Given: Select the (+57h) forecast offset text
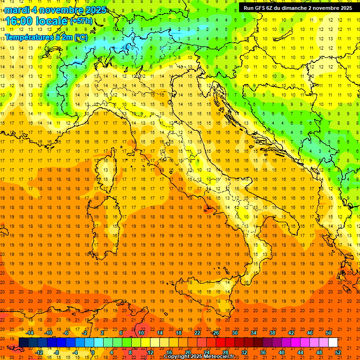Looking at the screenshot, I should [81, 21].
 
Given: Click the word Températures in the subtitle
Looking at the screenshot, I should [27, 37].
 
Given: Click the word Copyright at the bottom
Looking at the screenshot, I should [177, 357].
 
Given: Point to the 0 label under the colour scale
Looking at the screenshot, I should [93, 352].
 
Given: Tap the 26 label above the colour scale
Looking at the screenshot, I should [216, 333].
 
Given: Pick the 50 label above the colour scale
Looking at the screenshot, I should [329, 333].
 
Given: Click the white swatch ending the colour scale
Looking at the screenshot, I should [333, 343].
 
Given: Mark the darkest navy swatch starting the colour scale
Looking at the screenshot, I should [23, 343].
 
